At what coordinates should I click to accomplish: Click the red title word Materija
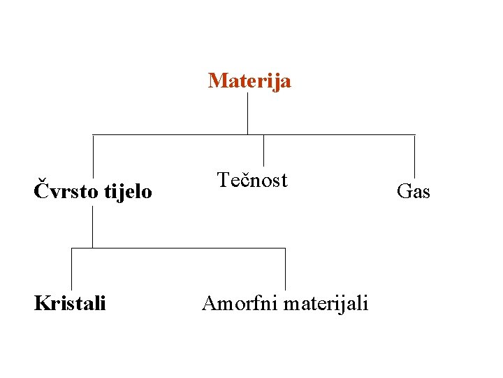[249, 81]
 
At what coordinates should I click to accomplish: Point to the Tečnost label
[252, 181]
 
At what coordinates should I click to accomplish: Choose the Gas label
[414, 190]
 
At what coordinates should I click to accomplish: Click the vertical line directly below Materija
[247, 112]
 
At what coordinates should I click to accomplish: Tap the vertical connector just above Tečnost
[263, 150]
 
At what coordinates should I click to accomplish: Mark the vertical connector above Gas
[414, 155]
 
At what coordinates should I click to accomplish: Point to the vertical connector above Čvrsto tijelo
[93, 155]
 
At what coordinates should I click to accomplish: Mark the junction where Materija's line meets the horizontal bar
[247, 134]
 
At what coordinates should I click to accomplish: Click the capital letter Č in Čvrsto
[41, 189]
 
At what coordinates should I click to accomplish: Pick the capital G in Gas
[403, 190]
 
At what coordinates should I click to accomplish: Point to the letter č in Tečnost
[241, 181]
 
